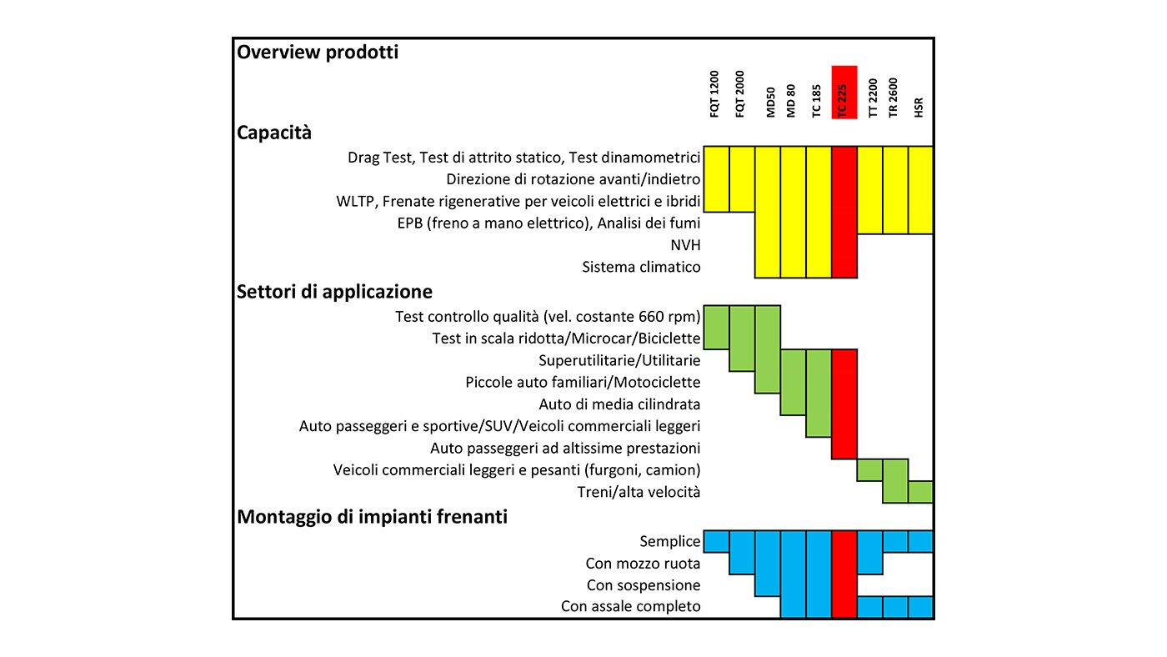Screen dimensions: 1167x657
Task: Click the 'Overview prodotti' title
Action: tap(318, 53)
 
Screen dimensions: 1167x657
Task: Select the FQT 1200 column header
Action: tap(714, 93)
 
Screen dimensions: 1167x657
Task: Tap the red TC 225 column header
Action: tap(844, 93)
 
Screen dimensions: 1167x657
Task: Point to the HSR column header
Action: tap(919, 108)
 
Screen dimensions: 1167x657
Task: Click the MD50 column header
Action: tap(770, 102)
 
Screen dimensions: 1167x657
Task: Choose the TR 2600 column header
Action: tap(893, 98)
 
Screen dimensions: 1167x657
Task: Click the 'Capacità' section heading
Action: tap(274, 133)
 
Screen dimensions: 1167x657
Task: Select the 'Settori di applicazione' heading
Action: tap(334, 292)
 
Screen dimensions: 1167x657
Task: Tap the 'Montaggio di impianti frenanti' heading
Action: tap(372, 517)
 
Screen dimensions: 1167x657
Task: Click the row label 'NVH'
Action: tap(685, 245)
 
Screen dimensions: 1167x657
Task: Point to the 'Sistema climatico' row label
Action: tap(641, 267)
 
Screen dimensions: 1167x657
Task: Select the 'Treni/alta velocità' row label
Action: tap(639, 492)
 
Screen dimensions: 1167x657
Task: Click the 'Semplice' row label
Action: tap(669, 541)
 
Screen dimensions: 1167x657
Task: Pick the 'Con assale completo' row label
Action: tap(630, 606)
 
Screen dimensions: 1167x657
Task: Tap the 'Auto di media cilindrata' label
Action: tap(619, 404)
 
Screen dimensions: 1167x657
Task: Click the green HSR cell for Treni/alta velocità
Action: tap(920, 492)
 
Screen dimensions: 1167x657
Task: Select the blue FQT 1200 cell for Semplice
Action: tap(716, 541)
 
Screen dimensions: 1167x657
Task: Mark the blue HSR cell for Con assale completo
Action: tap(920, 607)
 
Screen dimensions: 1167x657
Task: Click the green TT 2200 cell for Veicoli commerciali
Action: tap(869, 470)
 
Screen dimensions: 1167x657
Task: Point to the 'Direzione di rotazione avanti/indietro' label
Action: tap(573, 179)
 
